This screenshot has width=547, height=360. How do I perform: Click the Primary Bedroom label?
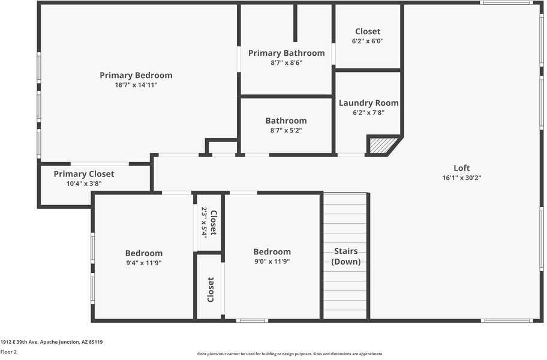136,75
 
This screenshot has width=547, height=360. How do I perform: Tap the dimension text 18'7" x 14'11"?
136,85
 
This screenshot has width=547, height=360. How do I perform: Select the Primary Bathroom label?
286,53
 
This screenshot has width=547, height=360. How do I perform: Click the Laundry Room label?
368,103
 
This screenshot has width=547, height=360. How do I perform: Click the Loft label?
461,168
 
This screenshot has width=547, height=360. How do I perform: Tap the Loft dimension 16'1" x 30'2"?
461,178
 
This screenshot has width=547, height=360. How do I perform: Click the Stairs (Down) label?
345,256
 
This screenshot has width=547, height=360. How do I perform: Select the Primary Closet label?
83,174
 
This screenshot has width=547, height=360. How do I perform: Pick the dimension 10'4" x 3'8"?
83,184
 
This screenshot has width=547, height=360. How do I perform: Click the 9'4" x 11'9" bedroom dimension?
143,263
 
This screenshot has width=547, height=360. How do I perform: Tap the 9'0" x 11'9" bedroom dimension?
272,262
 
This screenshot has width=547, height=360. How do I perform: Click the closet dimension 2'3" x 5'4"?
204,223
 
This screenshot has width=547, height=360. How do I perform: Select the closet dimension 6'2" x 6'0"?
367,41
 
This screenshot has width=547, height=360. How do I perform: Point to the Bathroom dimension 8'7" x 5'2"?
285,130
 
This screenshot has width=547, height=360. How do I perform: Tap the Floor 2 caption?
8,352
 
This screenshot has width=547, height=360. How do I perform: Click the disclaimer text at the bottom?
290,354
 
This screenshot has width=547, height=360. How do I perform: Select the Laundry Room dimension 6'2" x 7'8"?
368,112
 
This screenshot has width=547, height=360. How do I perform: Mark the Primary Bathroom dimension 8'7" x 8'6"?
286,62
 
